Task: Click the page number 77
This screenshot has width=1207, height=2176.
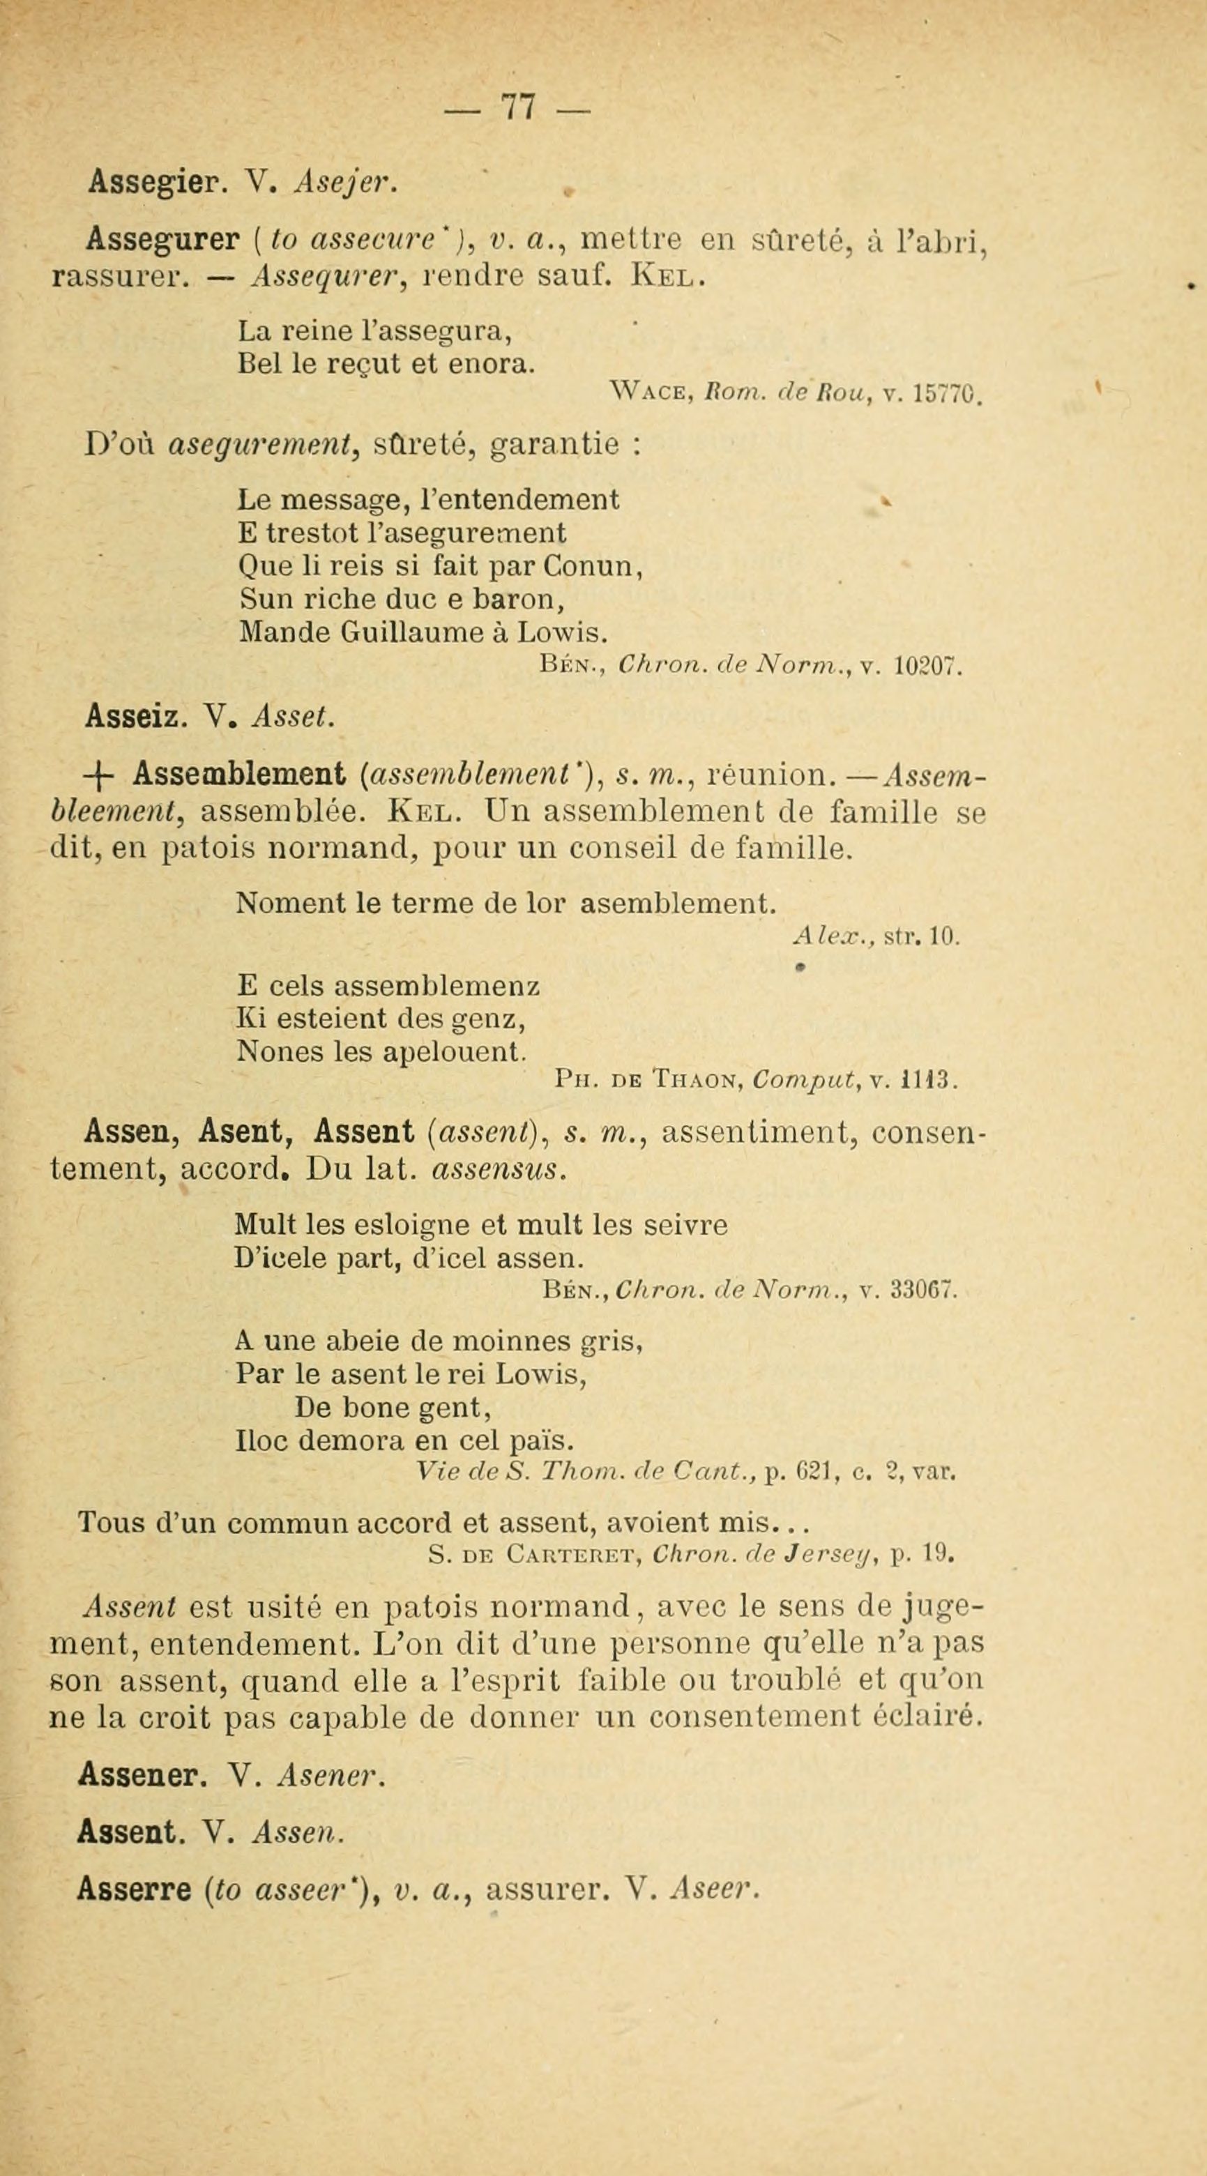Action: [519, 109]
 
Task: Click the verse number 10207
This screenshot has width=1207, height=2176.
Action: [926, 667]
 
